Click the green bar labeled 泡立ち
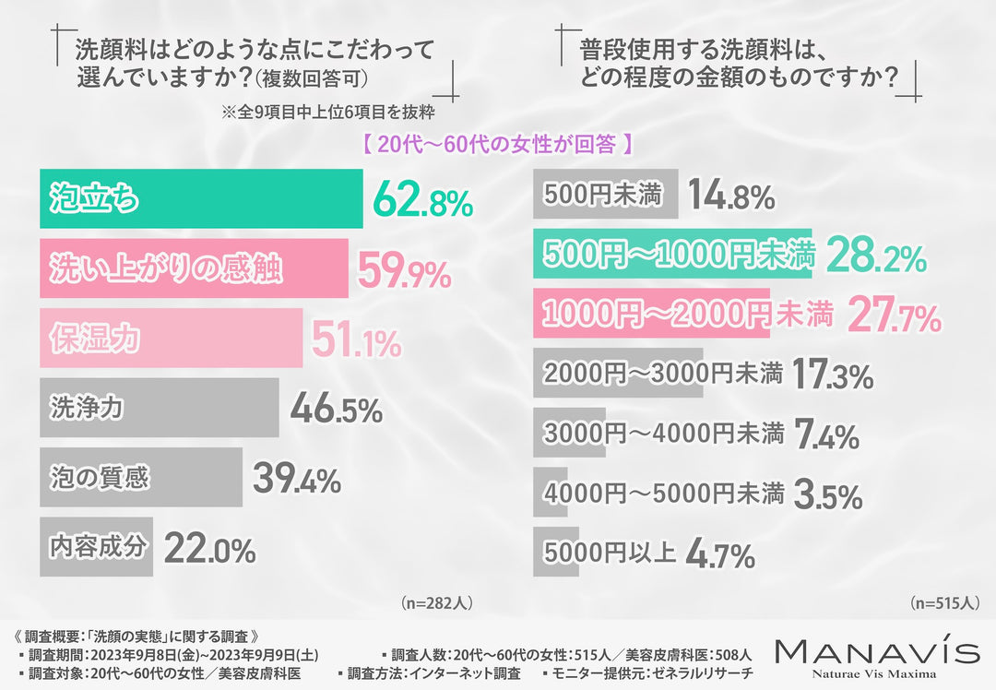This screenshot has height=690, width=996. [200, 199]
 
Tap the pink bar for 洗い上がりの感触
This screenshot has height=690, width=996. [194, 268]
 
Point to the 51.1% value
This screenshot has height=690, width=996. [355, 339]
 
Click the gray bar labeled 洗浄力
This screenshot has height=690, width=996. [159, 408]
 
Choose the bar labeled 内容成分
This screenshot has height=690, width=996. [96, 547]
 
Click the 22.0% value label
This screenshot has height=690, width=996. [209, 549]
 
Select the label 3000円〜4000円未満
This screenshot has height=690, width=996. [663, 432]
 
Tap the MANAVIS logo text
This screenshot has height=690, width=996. [876, 651]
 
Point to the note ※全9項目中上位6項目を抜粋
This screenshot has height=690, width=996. [327, 113]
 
